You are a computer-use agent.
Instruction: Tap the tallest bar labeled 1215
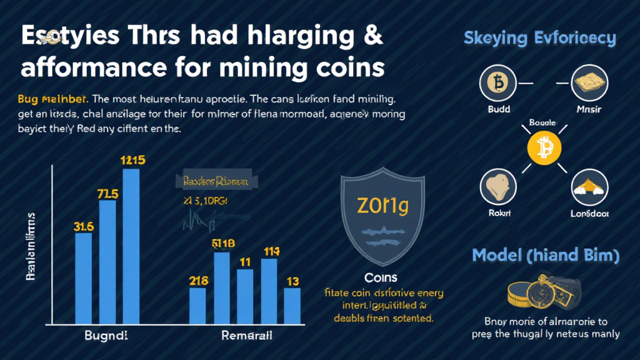(x=131, y=246)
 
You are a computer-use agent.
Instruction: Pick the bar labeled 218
(x=197, y=306)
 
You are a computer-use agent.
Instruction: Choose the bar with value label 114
(x=269, y=291)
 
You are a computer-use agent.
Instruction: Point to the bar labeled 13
(x=292, y=306)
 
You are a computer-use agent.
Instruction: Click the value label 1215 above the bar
(x=132, y=160)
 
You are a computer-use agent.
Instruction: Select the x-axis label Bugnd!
(x=106, y=336)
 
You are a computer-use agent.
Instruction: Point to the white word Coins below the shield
(x=381, y=277)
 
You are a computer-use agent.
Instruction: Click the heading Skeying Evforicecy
(x=539, y=38)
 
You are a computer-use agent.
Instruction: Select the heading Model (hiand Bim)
(x=545, y=255)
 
